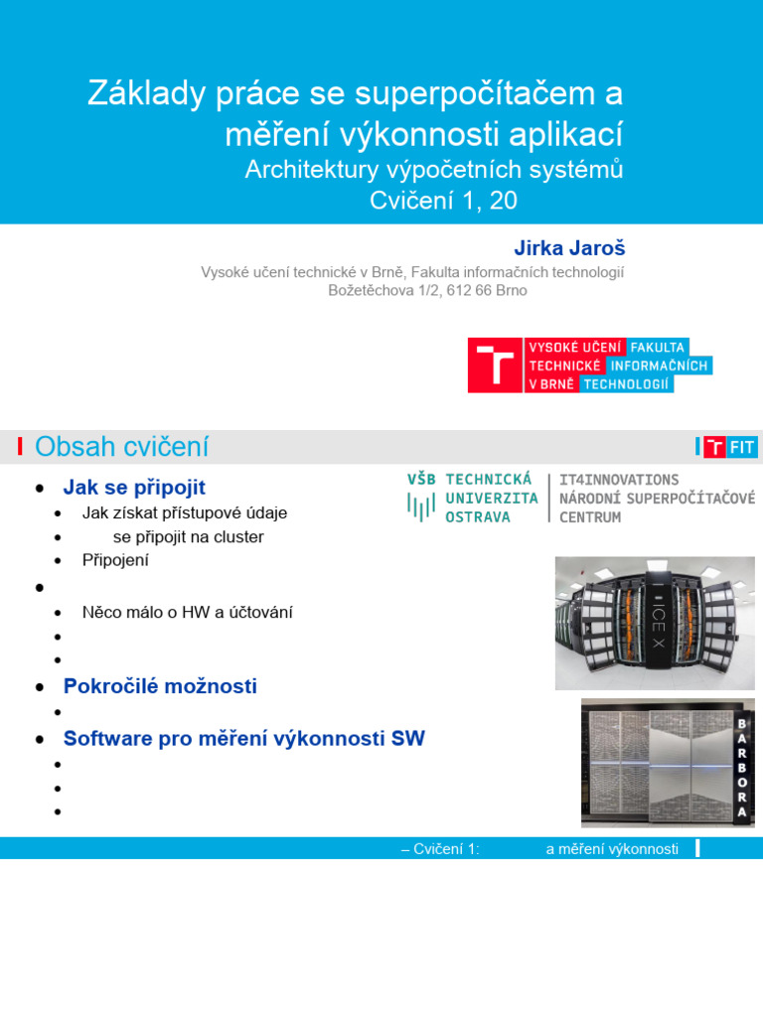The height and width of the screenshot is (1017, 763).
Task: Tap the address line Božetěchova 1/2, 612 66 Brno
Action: [427, 291]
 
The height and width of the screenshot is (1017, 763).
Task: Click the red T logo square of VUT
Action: [495, 364]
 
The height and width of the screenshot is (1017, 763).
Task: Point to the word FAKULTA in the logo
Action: [658, 347]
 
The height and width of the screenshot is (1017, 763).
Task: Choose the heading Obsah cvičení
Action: [121, 447]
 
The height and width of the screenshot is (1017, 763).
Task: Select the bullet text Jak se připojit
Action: [134, 488]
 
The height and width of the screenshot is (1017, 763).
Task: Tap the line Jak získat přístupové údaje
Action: [185, 513]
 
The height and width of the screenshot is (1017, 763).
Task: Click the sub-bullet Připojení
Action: [115, 560]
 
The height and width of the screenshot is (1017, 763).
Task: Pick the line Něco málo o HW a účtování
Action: [187, 613]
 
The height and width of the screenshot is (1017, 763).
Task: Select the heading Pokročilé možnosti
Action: [160, 686]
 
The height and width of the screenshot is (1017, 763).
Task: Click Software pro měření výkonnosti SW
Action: [243, 739]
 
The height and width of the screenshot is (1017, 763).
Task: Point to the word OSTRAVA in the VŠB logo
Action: [478, 517]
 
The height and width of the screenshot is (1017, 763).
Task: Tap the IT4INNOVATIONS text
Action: [619, 480]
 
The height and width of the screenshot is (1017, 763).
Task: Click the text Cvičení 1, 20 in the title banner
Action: [444, 201]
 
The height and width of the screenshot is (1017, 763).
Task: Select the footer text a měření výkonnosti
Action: [612, 849]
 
